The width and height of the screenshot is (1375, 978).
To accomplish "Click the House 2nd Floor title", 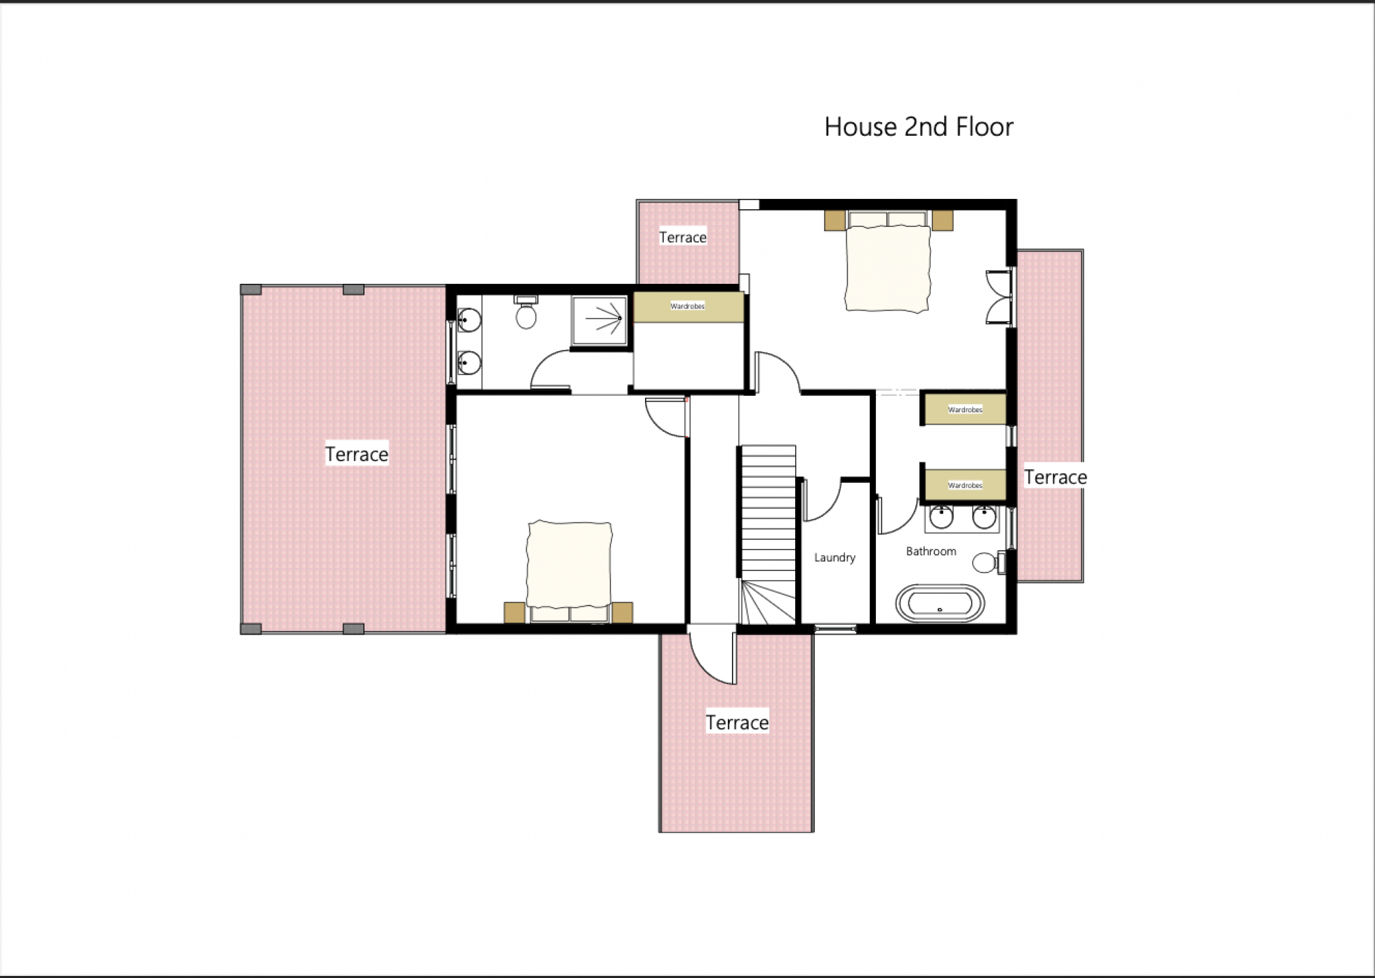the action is pyautogui.click(x=919, y=127).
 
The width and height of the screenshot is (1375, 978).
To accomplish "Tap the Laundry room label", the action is pyautogui.click(x=835, y=558).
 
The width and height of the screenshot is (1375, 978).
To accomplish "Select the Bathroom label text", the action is pyautogui.click(x=931, y=551).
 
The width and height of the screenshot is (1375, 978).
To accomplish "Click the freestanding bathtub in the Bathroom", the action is pyautogui.click(x=940, y=603).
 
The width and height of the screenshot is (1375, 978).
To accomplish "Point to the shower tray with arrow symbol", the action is pyautogui.click(x=600, y=320).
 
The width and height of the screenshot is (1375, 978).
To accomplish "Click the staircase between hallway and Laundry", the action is pyautogui.click(x=768, y=535).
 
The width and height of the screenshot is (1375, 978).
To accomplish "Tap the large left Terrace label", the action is pyautogui.click(x=356, y=454).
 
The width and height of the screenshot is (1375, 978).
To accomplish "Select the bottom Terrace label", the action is pyautogui.click(x=737, y=722).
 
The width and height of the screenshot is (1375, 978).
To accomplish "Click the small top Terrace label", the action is pyautogui.click(x=683, y=237).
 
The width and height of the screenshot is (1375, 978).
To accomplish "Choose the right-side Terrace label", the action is pyautogui.click(x=1055, y=477).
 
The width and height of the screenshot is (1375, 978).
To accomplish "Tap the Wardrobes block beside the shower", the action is pyautogui.click(x=689, y=306).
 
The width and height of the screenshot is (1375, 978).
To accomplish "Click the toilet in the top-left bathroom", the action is pyautogui.click(x=526, y=312).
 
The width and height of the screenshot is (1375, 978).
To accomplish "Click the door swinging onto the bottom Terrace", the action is pyautogui.click(x=712, y=657).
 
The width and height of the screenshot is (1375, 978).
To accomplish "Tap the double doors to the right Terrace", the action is pyautogui.click(x=1000, y=297).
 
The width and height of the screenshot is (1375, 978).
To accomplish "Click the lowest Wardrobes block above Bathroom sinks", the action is pyautogui.click(x=965, y=485).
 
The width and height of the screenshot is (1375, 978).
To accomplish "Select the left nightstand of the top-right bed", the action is pyautogui.click(x=835, y=221).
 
